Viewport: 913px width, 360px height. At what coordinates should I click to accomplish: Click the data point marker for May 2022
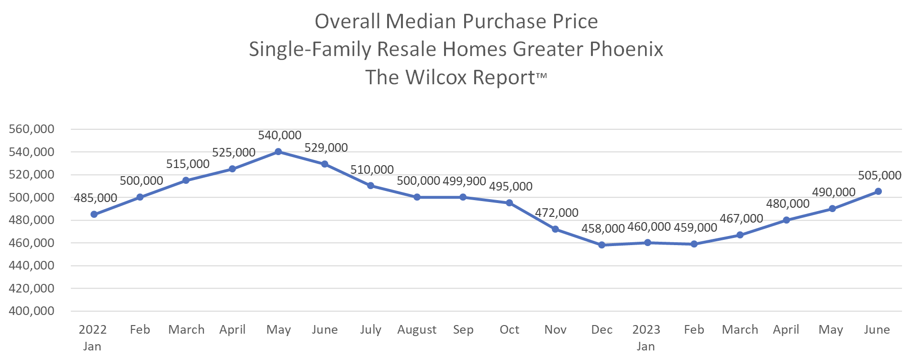(278, 152)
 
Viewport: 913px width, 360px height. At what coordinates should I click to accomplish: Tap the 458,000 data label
(603, 229)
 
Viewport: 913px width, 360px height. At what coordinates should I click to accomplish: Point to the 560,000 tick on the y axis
(32, 129)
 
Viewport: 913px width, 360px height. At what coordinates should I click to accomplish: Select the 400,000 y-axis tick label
(32, 311)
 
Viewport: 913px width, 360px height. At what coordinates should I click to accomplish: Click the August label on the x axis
(417, 330)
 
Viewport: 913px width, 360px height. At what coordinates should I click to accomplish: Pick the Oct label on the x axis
(509, 330)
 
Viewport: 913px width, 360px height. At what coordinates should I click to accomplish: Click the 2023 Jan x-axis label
(646, 337)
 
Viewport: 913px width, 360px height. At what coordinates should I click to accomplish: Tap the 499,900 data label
(464, 181)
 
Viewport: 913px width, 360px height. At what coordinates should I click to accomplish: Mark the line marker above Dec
(601, 245)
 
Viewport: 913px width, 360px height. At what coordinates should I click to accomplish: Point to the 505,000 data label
(880, 176)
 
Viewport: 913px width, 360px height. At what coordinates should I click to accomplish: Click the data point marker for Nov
(555, 229)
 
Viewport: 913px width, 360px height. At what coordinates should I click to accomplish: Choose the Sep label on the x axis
(463, 330)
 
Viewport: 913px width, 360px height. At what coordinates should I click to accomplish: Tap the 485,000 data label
(95, 198)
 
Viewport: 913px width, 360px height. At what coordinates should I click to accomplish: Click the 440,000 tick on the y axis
(32, 266)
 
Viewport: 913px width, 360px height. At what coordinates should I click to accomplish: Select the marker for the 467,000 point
(740, 235)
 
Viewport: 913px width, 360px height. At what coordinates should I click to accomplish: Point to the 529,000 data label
(326, 148)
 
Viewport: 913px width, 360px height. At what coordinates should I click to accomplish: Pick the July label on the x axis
(370, 330)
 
